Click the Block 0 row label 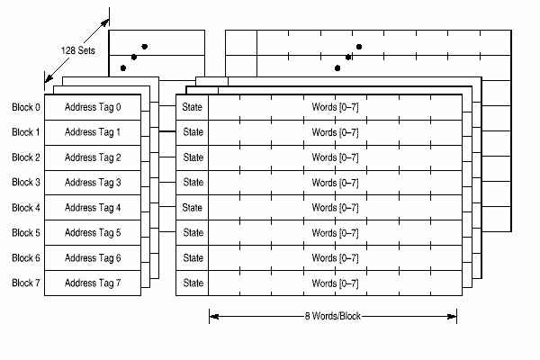[26, 107]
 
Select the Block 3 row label [26, 183]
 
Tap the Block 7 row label [26, 283]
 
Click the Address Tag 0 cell [93, 107]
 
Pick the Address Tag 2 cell [93, 157]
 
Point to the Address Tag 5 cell [93, 233]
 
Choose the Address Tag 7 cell [93, 283]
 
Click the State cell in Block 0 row [193, 107]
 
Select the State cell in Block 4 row [193, 208]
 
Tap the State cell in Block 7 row [193, 283]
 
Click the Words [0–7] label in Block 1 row [335, 132]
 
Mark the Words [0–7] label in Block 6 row [335, 258]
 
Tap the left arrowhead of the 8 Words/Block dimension [212, 316]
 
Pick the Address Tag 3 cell [93, 183]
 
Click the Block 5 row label [26, 233]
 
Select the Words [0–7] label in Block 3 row [335, 183]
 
